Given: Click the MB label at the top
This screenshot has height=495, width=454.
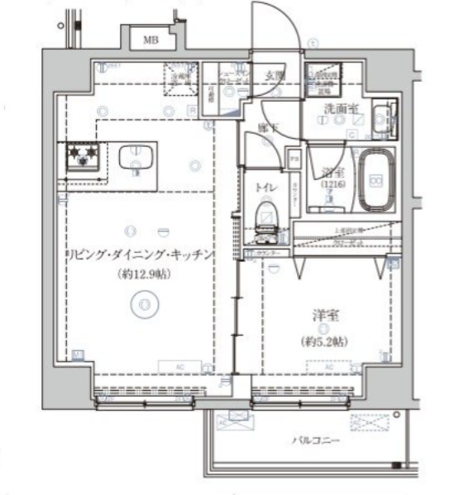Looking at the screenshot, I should coord(151,39).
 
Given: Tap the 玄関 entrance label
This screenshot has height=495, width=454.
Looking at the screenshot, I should coord(275,75).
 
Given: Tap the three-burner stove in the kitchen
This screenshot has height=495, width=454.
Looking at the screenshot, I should coord(82,156).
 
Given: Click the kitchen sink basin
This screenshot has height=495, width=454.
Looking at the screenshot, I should coord(133,156).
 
